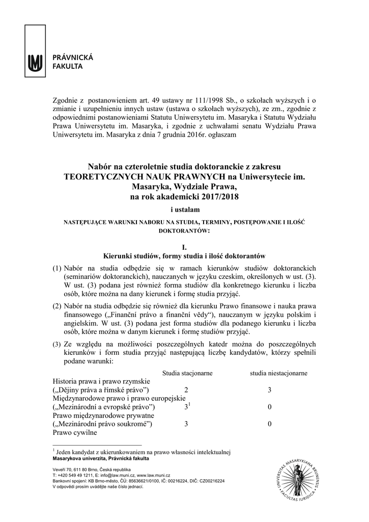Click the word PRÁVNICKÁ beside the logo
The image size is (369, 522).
tap(71, 58)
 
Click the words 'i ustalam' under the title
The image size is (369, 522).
tap(184, 210)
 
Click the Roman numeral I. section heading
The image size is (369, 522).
tap(184, 246)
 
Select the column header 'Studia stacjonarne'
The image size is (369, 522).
tap(187, 373)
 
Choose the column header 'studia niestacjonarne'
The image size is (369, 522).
tap(278, 373)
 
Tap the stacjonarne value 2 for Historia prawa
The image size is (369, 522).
tap(186, 390)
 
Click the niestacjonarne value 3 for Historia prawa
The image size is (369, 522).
tap(269, 390)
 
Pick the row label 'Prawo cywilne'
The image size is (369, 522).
tap(75, 432)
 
